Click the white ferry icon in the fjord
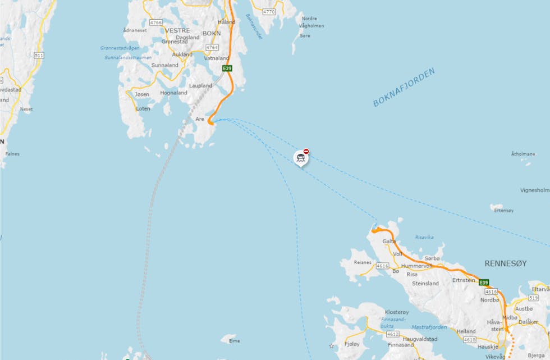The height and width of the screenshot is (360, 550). (301, 158)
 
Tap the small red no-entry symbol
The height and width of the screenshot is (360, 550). (306, 151)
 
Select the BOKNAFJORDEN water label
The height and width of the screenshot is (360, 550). (404, 88)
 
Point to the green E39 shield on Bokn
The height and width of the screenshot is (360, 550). (227, 69)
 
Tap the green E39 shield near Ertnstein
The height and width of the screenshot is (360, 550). (484, 282)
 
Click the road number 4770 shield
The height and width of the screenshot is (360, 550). (269, 11)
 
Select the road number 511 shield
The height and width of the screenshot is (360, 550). (39, 55)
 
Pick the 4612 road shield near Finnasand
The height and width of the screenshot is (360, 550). (393, 334)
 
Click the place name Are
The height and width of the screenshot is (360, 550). (200, 119)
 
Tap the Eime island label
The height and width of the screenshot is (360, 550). (234, 341)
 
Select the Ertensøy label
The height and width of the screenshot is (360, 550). (503, 211)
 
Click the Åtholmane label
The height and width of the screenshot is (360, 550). (522, 153)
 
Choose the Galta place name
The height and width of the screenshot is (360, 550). (389, 241)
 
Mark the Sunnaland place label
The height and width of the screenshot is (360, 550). (165, 65)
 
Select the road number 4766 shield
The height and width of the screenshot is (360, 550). (156, 22)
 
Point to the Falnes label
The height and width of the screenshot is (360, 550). (12, 153)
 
